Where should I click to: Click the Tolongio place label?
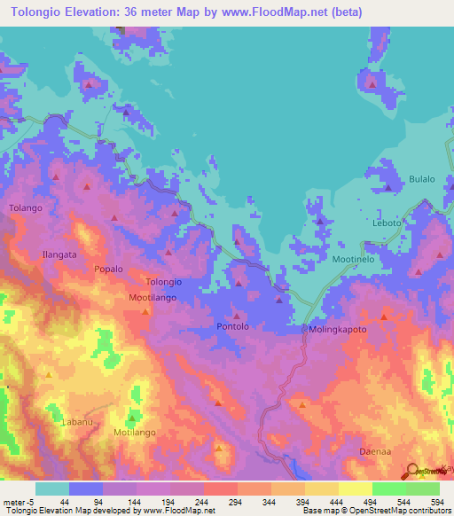163,282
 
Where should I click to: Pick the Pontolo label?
235,327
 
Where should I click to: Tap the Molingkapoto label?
338,329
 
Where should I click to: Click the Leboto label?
387,223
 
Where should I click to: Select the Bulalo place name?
421,179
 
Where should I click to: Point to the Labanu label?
76,422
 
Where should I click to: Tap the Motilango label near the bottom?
136,433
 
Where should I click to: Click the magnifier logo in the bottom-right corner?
413,471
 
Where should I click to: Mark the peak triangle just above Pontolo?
236,315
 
